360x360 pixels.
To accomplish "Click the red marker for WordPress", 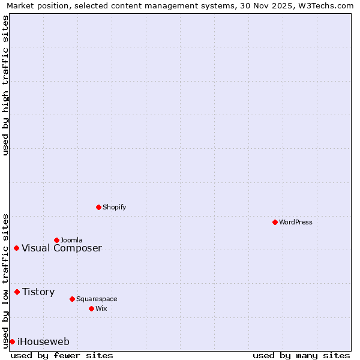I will (x=275, y=222).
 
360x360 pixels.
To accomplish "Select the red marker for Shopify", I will (x=98, y=207).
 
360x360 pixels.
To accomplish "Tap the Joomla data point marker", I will (x=56, y=240).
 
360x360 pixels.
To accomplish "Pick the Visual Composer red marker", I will (x=16, y=248).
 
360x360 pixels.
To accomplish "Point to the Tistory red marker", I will (x=17, y=292).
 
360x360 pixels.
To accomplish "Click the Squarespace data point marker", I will (x=72, y=299).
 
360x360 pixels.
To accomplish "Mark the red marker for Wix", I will (x=91, y=308).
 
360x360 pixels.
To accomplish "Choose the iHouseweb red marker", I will (x=12, y=341).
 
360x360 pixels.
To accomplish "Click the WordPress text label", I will (x=296, y=222).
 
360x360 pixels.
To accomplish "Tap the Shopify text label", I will (x=114, y=207).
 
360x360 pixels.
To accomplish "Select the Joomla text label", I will (x=71, y=240).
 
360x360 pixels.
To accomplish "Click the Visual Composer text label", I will (x=62, y=248).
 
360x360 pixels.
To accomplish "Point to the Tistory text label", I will (x=38, y=292).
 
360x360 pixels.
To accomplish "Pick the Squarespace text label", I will (x=97, y=299).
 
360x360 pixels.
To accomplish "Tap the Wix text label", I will (x=101, y=308).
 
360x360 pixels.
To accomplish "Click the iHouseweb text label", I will (x=43, y=342).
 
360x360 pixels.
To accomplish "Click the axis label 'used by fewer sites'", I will (x=62, y=355).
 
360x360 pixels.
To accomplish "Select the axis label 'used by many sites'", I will (x=301, y=355).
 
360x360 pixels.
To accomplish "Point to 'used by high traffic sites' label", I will (x=6, y=85).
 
